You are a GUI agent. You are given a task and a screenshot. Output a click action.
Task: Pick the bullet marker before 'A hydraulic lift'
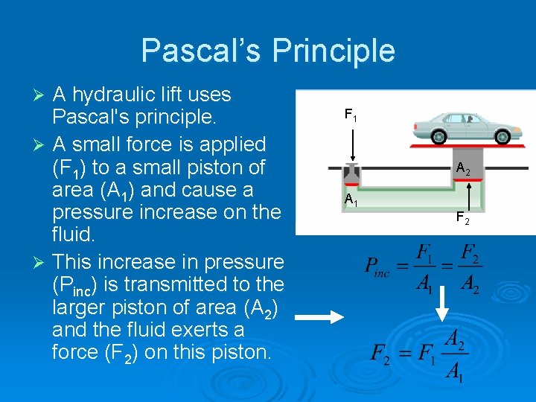pos(42,95)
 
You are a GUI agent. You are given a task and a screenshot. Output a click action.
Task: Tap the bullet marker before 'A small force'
pos(42,144)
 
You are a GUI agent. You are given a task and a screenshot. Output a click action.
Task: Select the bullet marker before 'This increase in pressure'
pos(42,262)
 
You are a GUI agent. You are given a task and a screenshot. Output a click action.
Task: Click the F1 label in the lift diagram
pos(351,115)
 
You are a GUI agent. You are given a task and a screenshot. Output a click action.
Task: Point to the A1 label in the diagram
pos(351,200)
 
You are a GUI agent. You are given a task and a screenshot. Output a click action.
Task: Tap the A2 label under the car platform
pos(463,169)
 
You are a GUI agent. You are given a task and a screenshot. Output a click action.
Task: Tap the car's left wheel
pos(440,136)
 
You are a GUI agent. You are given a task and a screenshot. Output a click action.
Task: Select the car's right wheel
pos(503,136)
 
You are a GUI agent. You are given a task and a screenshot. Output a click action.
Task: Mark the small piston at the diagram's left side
pos(351,174)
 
